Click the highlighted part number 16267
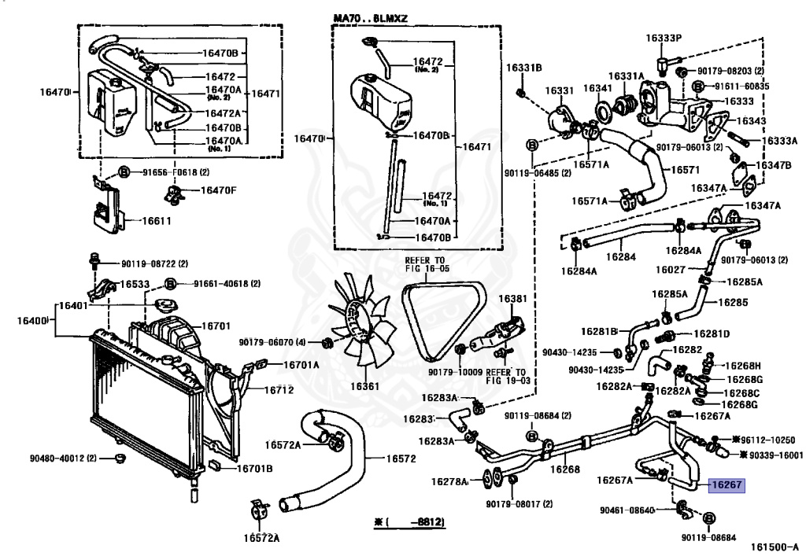tap(727, 484)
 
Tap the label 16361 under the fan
tap(364, 387)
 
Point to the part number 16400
tap(31, 321)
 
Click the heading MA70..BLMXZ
tap(370, 19)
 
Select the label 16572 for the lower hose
tap(401, 458)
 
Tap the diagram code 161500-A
tap(775, 548)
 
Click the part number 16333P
tap(664, 38)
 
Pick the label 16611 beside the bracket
tap(157, 221)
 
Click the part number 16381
tap(512, 299)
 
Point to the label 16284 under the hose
tap(621, 256)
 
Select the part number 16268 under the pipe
tap(565, 469)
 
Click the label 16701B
tap(254, 469)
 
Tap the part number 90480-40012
tap(56, 458)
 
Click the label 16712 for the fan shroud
tap(279, 390)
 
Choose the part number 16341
tap(597, 88)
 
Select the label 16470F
tap(219, 190)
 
